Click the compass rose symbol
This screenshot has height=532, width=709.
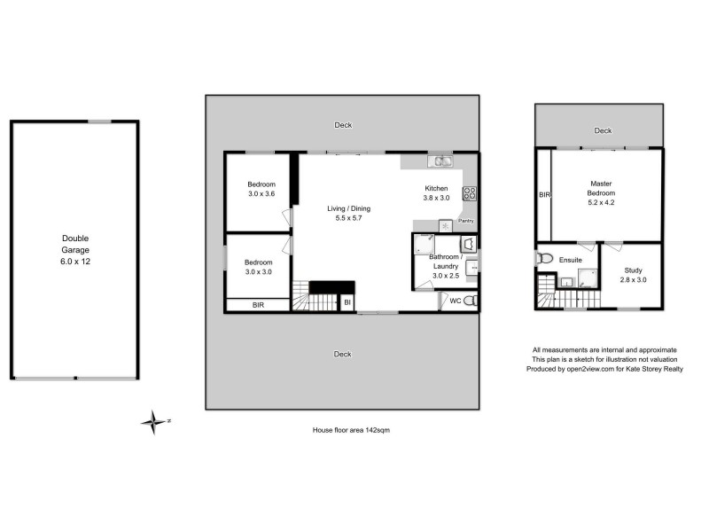[154, 422]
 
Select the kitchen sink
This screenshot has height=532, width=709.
[440, 161]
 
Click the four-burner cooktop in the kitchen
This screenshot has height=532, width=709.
[469, 192]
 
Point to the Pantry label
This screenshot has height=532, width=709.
[467, 221]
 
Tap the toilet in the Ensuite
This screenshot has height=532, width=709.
[543, 258]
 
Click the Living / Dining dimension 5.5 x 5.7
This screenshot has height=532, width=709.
[348, 219]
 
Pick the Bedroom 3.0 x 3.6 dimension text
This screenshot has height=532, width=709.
[261, 194]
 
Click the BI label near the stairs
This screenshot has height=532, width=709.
[347, 303]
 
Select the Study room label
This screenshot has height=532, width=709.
[632, 270]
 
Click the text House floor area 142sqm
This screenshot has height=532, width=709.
[351, 429]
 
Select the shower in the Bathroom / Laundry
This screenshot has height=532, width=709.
[425, 246]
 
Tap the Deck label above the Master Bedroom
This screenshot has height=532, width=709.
[603, 130]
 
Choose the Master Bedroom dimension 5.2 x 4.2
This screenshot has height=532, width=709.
[602, 201]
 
